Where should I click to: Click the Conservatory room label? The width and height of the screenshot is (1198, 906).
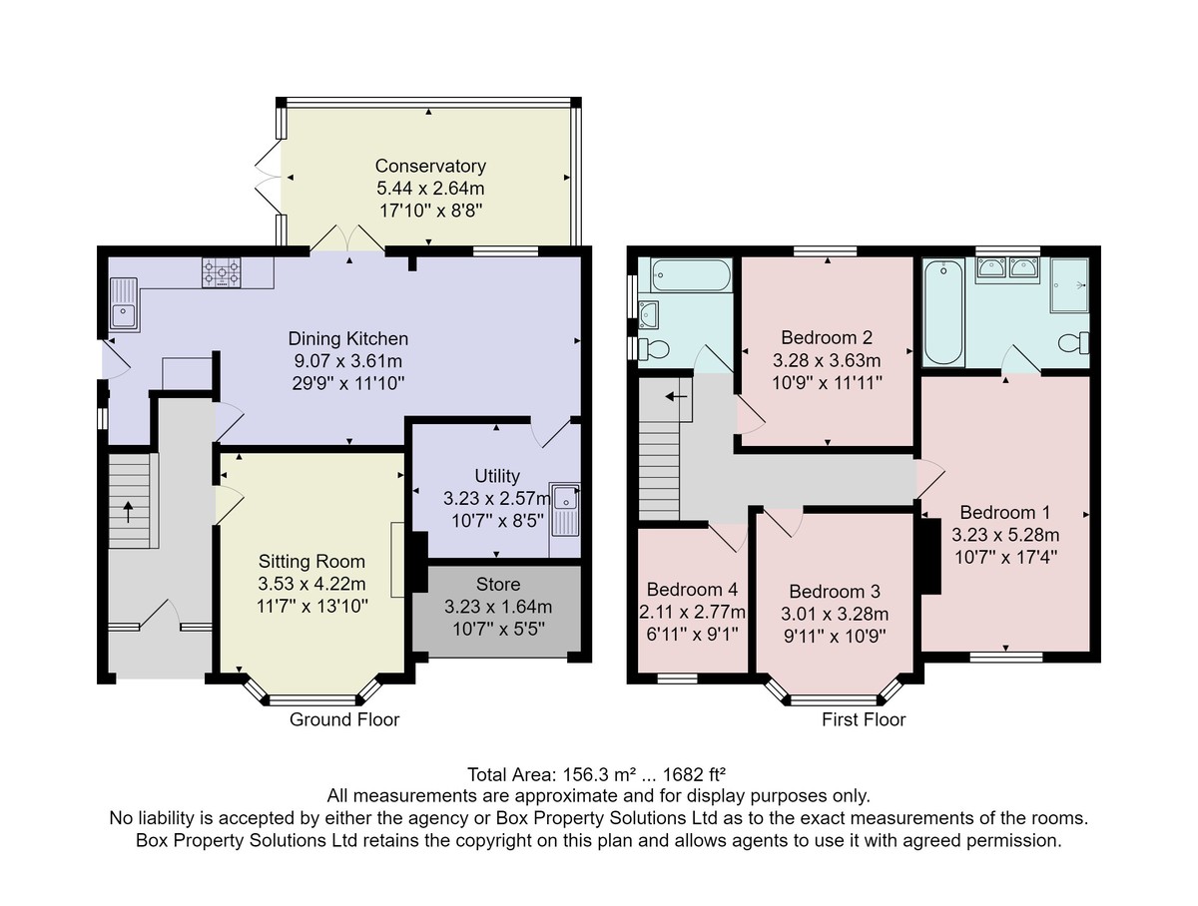click(430, 166)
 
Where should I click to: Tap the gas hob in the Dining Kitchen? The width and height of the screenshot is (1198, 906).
click(222, 272)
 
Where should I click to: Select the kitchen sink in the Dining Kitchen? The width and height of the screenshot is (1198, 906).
click(124, 304)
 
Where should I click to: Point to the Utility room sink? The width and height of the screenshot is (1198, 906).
click(564, 510)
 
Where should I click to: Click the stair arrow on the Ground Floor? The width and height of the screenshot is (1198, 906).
click(128, 512)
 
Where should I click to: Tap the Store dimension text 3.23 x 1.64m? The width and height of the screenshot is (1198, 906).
click(498, 607)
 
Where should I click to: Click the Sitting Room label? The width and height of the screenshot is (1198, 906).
click(311, 562)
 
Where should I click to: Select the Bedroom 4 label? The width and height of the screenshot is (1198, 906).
click(692, 589)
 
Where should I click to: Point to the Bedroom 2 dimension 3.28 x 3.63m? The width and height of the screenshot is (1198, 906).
click(827, 360)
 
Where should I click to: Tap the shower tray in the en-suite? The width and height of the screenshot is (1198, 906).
click(1069, 284)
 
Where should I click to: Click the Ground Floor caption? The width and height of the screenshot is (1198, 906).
click(344, 719)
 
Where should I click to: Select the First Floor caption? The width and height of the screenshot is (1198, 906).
click(864, 719)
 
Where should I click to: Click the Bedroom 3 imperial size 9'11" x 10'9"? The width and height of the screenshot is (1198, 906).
click(835, 636)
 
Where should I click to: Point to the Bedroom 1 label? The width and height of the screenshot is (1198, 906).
click(1004, 512)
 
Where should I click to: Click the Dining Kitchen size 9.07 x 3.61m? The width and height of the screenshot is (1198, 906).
click(348, 360)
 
